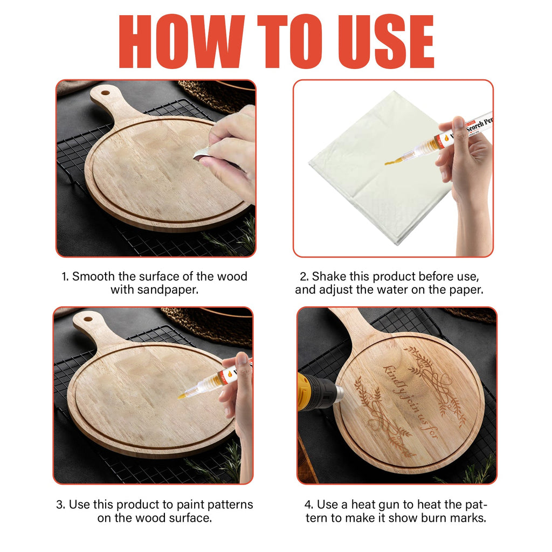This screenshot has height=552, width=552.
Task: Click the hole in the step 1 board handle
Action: [105, 93]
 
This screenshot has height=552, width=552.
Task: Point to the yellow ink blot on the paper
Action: [389, 161]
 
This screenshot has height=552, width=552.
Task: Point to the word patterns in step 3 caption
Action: [224, 505]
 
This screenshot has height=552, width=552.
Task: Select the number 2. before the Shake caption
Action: [303, 277]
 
